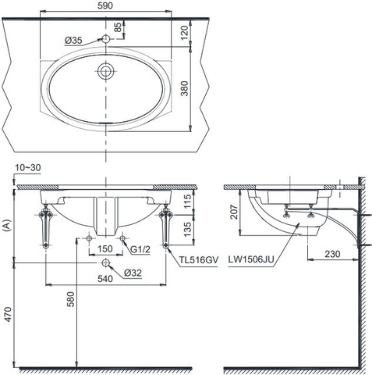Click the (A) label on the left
8,225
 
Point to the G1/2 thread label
140,249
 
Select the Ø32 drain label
132,273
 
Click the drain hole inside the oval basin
105,72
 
